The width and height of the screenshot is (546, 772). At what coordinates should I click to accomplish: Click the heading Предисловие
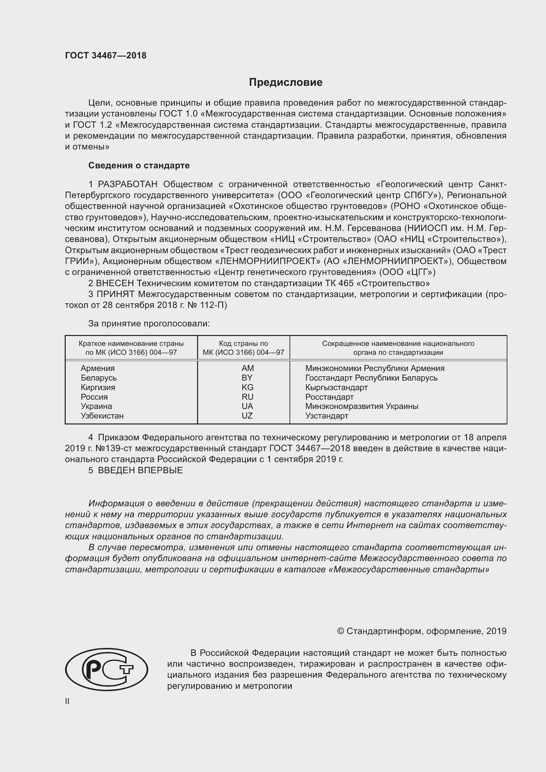click(x=286, y=83)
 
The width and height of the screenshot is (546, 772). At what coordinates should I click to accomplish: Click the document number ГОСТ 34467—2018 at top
click(x=106, y=55)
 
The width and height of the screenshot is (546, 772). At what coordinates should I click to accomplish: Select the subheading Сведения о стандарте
click(x=139, y=165)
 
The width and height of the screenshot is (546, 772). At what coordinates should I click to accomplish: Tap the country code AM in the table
click(x=248, y=368)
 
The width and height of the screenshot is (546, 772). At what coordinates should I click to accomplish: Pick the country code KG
click(x=247, y=387)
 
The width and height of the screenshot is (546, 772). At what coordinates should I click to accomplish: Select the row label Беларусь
click(x=98, y=378)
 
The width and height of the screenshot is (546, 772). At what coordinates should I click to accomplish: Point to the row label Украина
click(x=96, y=406)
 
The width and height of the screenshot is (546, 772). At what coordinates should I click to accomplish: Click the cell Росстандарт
click(x=329, y=397)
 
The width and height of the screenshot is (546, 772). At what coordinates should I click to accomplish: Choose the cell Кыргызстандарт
click(x=336, y=387)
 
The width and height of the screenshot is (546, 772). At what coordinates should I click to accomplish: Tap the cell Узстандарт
click(x=326, y=416)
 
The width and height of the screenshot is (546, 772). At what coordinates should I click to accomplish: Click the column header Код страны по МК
click(x=243, y=348)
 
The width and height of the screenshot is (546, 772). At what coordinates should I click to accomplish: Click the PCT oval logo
click(x=107, y=669)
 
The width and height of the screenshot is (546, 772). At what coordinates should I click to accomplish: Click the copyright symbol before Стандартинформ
click(x=340, y=631)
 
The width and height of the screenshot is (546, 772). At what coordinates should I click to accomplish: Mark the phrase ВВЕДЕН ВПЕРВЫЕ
click(x=140, y=470)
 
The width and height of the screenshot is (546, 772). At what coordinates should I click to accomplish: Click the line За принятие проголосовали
click(x=149, y=323)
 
